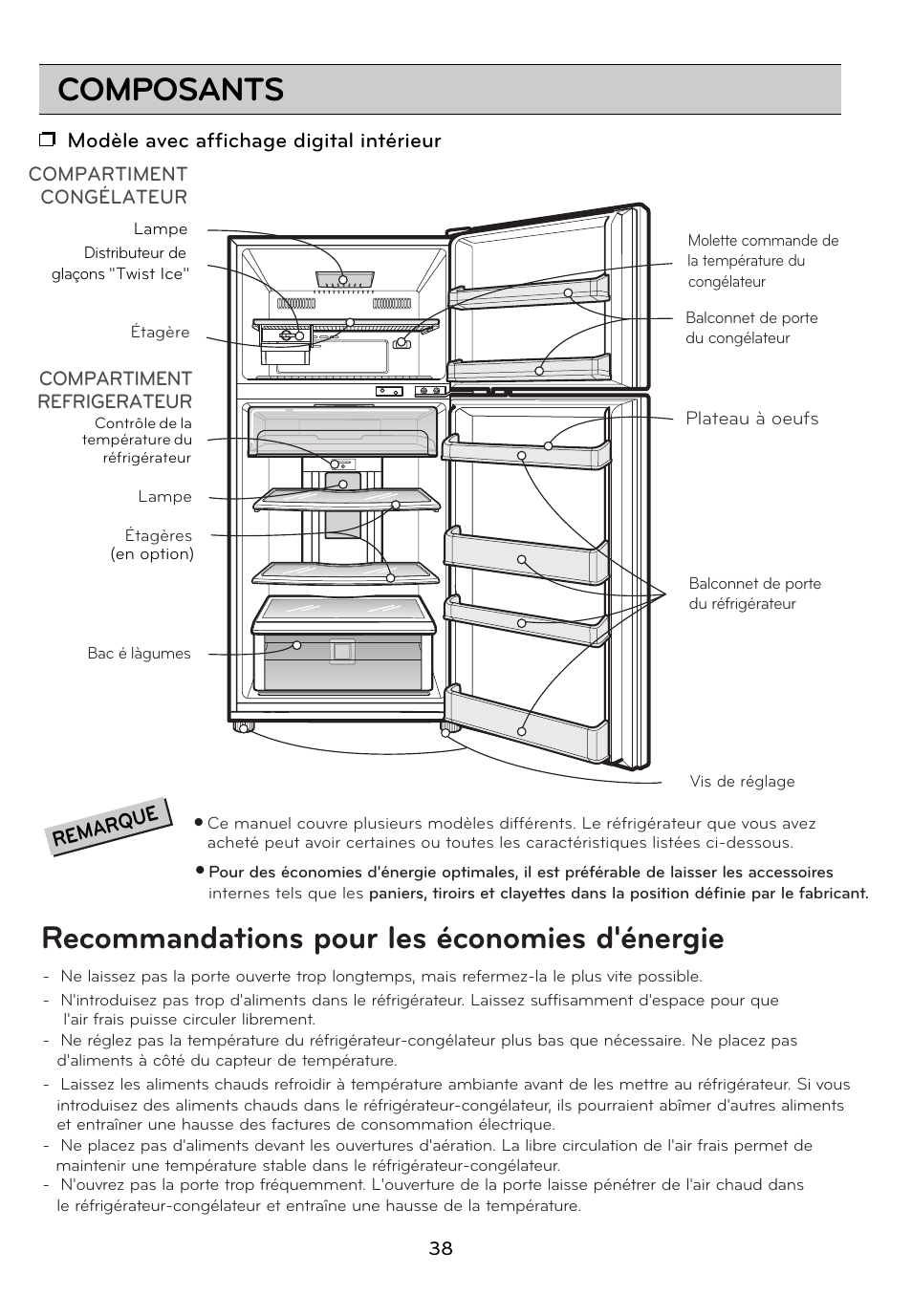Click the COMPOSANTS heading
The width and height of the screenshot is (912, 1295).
[x=170, y=90]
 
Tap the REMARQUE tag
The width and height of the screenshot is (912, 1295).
[x=111, y=826]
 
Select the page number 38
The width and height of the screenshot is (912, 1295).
[x=441, y=1248]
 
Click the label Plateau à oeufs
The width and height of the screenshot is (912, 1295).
[x=751, y=419]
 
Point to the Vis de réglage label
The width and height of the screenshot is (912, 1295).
[x=742, y=782]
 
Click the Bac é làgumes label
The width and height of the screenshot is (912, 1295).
[x=139, y=654]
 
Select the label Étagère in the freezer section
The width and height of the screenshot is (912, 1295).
[x=160, y=333]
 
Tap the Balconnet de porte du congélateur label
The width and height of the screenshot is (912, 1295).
[x=750, y=328]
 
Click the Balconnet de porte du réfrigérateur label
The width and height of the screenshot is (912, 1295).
[x=754, y=594]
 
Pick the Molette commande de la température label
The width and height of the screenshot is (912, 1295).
[x=762, y=261]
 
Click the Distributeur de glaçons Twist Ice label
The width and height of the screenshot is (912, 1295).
[x=121, y=264]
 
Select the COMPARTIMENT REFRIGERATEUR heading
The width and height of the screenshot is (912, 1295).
[x=115, y=390]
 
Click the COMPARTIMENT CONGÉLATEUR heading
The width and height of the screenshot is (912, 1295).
[x=108, y=185]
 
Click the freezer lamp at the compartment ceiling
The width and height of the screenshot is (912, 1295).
[x=343, y=279]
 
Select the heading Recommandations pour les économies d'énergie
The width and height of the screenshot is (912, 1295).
[x=382, y=939]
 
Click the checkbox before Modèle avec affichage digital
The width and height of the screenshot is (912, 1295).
[x=47, y=141]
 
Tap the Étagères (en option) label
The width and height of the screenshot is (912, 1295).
[x=152, y=545]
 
